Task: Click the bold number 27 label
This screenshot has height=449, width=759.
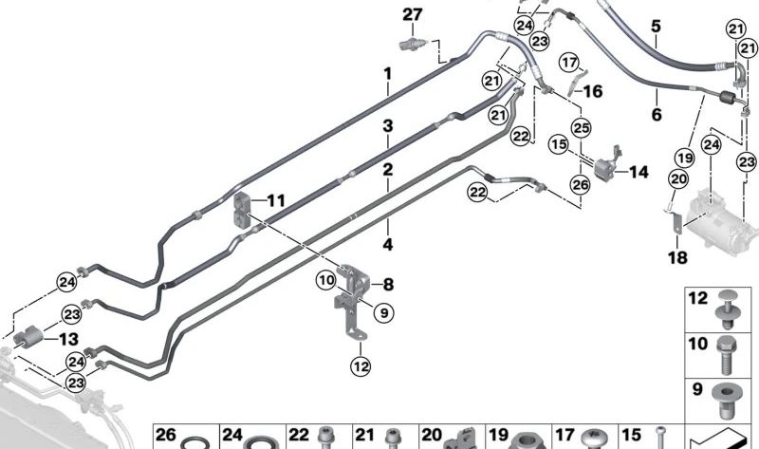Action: click(411, 14)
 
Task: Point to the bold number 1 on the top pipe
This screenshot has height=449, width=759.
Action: click(388, 74)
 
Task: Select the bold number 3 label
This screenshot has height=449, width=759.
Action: click(388, 126)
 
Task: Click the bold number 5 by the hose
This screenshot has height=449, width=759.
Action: click(657, 26)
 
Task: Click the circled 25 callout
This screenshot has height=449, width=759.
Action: click(581, 127)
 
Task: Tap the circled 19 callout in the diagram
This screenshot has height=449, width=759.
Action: click(684, 157)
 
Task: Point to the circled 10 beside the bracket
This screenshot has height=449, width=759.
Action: click(326, 280)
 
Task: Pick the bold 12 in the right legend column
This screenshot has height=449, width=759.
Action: click(698, 298)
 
